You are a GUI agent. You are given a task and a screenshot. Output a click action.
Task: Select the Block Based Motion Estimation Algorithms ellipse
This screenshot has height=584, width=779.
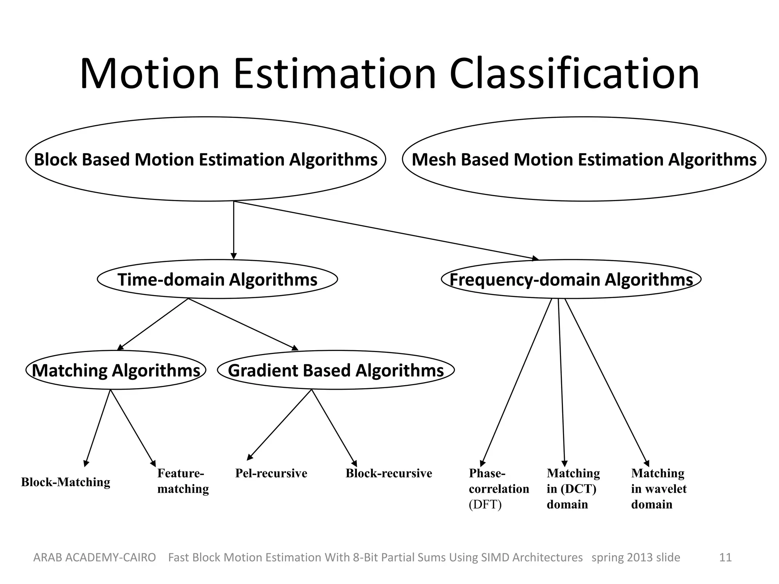point(205,159)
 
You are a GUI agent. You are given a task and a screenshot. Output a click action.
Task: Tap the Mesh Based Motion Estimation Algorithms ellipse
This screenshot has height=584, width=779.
point(584,159)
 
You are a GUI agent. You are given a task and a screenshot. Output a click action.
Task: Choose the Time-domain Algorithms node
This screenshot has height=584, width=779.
point(217,279)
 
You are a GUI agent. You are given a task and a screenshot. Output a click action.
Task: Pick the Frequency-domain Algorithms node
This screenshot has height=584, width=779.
point(571,279)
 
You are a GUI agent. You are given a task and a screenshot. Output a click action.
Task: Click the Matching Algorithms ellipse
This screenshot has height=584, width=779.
point(116,370)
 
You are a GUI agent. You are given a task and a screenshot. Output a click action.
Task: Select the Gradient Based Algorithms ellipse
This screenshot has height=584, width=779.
point(335,370)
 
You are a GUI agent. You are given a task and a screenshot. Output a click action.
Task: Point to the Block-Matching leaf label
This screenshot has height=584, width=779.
point(65,482)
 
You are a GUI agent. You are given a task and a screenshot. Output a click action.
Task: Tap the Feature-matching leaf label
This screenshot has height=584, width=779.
point(183,481)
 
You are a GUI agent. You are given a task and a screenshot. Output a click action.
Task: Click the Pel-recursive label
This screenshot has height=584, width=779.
point(271,473)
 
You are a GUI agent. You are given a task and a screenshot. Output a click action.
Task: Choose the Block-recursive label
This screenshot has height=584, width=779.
point(389,473)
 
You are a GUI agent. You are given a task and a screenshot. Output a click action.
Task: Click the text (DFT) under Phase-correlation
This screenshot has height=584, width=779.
point(485,505)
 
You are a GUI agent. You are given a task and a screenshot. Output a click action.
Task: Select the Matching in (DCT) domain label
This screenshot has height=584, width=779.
point(573,489)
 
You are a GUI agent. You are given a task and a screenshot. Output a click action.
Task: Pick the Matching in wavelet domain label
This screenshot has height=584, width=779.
point(658,489)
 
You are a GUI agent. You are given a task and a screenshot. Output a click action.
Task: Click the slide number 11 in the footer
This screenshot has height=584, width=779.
point(725,557)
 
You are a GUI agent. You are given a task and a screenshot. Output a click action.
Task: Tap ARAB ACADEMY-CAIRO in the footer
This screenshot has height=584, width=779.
point(95,557)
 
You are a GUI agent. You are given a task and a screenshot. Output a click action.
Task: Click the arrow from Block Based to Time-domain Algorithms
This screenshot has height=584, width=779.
point(234,230)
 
